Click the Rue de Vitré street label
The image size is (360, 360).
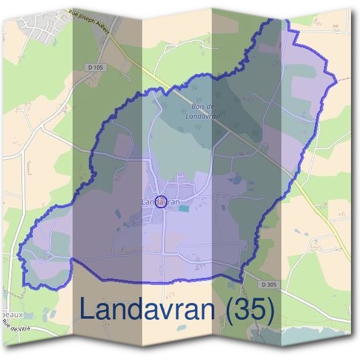17,329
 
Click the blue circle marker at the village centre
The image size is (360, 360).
161,202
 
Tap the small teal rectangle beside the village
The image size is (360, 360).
184,208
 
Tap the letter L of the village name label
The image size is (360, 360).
143,202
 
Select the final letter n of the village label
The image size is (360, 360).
178,202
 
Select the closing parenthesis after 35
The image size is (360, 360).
268,310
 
